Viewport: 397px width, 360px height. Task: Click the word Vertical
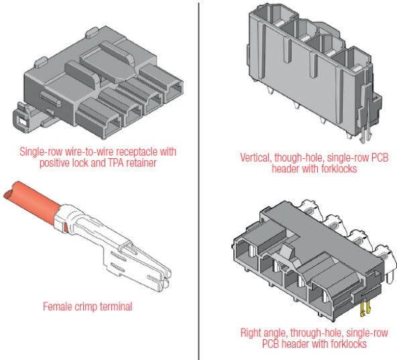[x=256, y=159]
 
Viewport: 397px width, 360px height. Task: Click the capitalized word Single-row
[x=41, y=151]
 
